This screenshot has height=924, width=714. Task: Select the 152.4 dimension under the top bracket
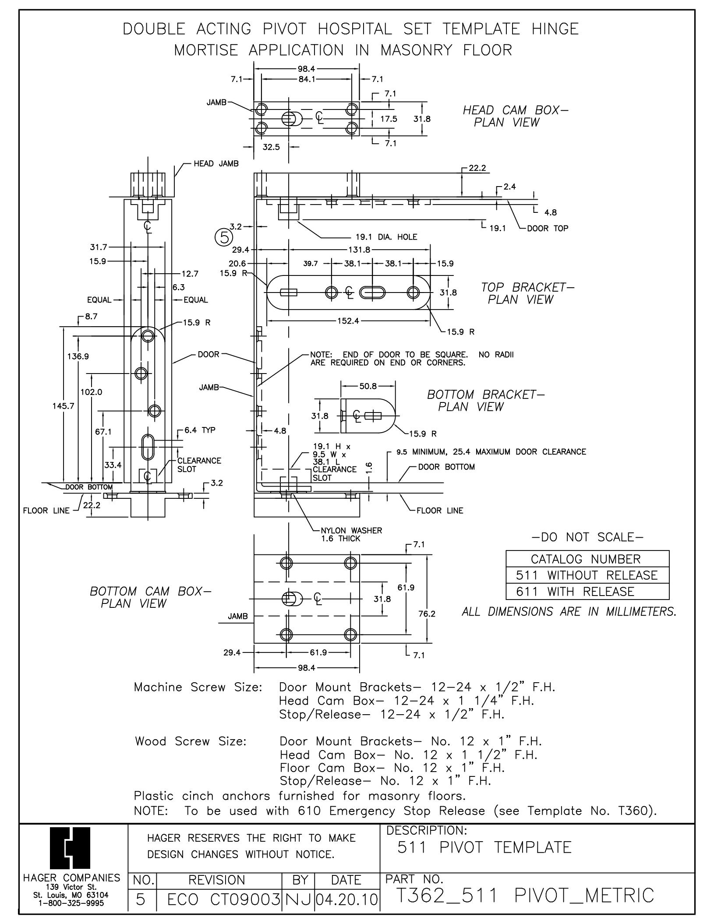pyautogui.click(x=348, y=321)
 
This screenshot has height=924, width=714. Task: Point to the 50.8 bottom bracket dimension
pyautogui.click(x=368, y=386)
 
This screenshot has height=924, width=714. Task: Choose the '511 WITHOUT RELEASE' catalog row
pyautogui.click(x=587, y=575)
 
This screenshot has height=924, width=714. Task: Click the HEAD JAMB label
pyautogui.click(x=216, y=164)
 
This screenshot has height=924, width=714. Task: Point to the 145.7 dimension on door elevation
pyautogui.click(x=64, y=406)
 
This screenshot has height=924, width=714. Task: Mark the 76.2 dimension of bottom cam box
pyautogui.click(x=427, y=614)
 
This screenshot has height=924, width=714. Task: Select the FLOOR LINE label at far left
pyautogui.click(x=46, y=511)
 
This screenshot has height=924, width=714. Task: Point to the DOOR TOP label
pyautogui.click(x=548, y=228)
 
